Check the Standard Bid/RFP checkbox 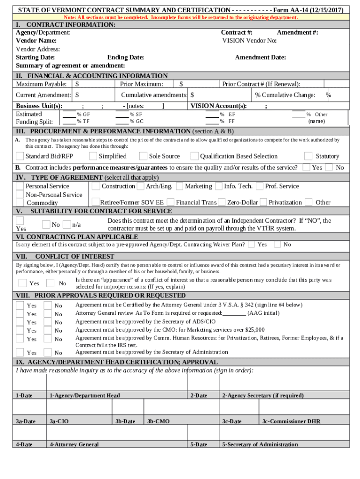coord(20,156)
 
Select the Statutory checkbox coord(308,156)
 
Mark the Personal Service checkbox coord(20,186)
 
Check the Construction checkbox coord(96,186)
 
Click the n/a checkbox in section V coord(67,225)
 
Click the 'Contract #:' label coord(237,32)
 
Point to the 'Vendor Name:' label coord(36,41)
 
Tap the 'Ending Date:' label coord(125,58)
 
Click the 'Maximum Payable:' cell coord(41,84)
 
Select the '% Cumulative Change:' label coord(285,95)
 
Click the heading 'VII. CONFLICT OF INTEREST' coord(65,256)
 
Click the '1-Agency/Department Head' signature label coord(85,395)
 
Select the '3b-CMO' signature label coord(158,421)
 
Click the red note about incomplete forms coord(180,17)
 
